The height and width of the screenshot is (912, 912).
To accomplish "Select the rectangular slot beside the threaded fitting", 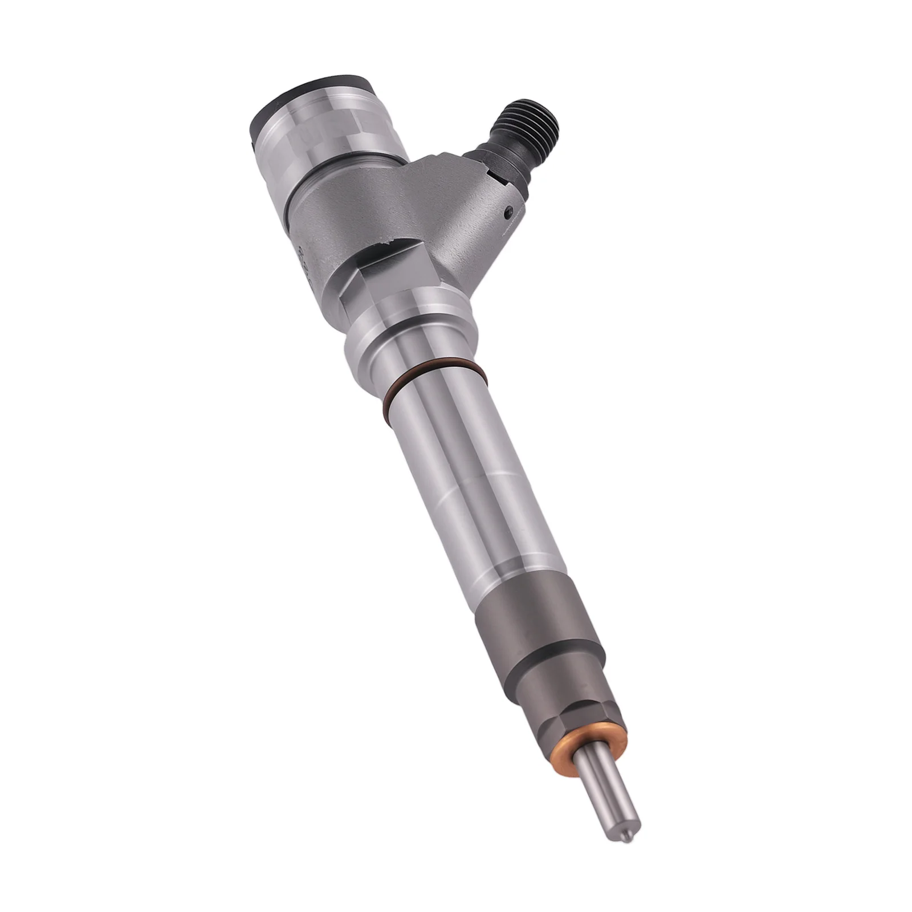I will coord(502,182).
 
